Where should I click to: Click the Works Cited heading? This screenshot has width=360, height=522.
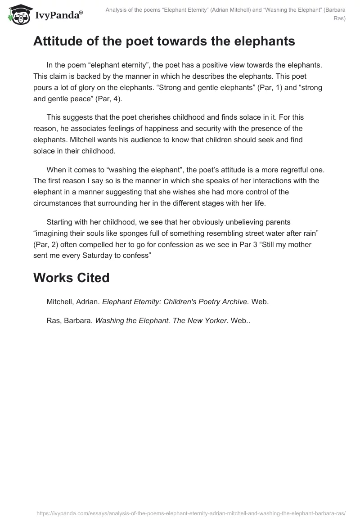click(x=71, y=278)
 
